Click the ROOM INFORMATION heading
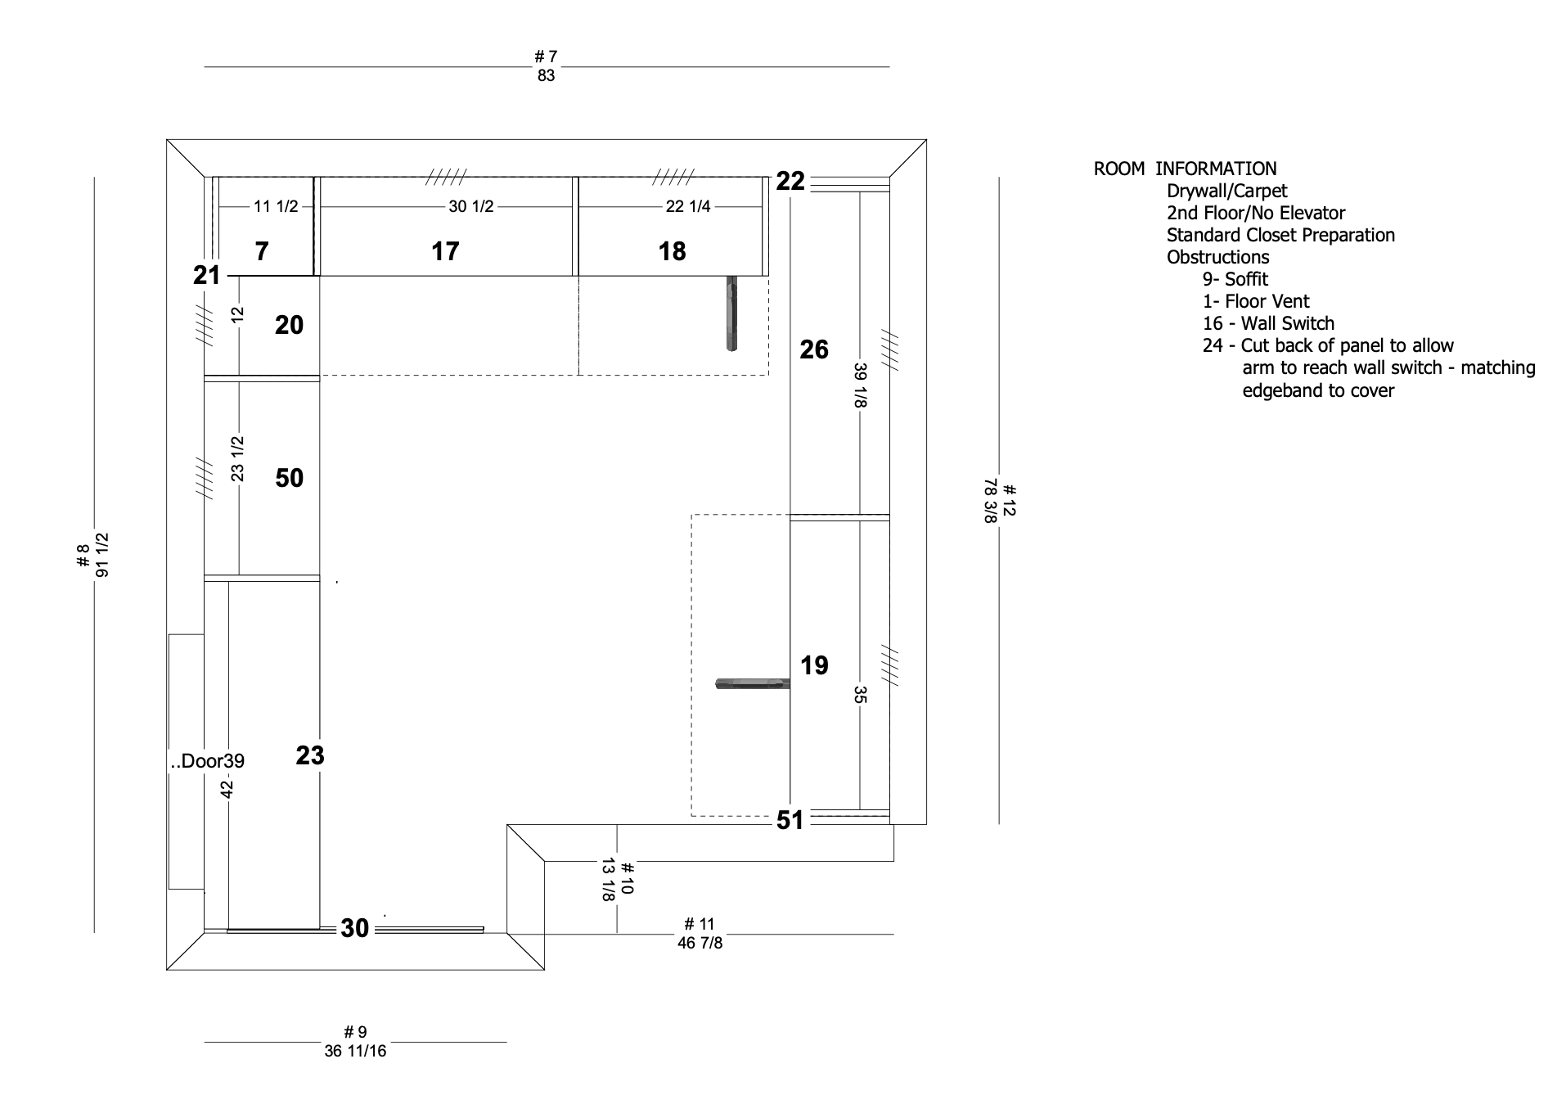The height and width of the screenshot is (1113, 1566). pyautogui.click(x=1185, y=169)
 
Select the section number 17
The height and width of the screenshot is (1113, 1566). pyautogui.click(x=445, y=251)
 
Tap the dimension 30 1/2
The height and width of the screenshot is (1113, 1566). pyautogui.click(x=471, y=206)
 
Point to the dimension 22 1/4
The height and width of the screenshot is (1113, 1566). pyautogui.click(x=688, y=206)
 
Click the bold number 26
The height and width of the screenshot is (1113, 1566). pyautogui.click(x=814, y=349)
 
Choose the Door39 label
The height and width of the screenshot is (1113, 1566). pyautogui.click(x=207, y=761)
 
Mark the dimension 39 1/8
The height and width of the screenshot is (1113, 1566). pyautogui.click(x=860, y=385)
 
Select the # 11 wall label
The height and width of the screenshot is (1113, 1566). pyautogui.click(x=700, y=925)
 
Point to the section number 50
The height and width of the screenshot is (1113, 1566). pyautogui.click(x=290, y=478)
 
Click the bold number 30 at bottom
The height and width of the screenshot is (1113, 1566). pyautogui.click(x=355, y=928)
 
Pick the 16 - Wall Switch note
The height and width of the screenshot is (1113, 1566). pyautogui.click(x=1268, y=323)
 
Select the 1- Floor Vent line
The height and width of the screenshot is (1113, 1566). pyautogui.click(x=1256, y=301)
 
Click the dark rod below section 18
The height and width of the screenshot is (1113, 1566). pyautogui.click(x=731, y=313)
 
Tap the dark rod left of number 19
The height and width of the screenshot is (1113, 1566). pyautogui.click(x=753, y=683)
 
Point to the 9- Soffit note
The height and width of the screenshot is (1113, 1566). pyautogui.click(x=1235, y=279)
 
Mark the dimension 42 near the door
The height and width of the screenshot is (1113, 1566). pyautogui.click(x=227, y=789)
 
